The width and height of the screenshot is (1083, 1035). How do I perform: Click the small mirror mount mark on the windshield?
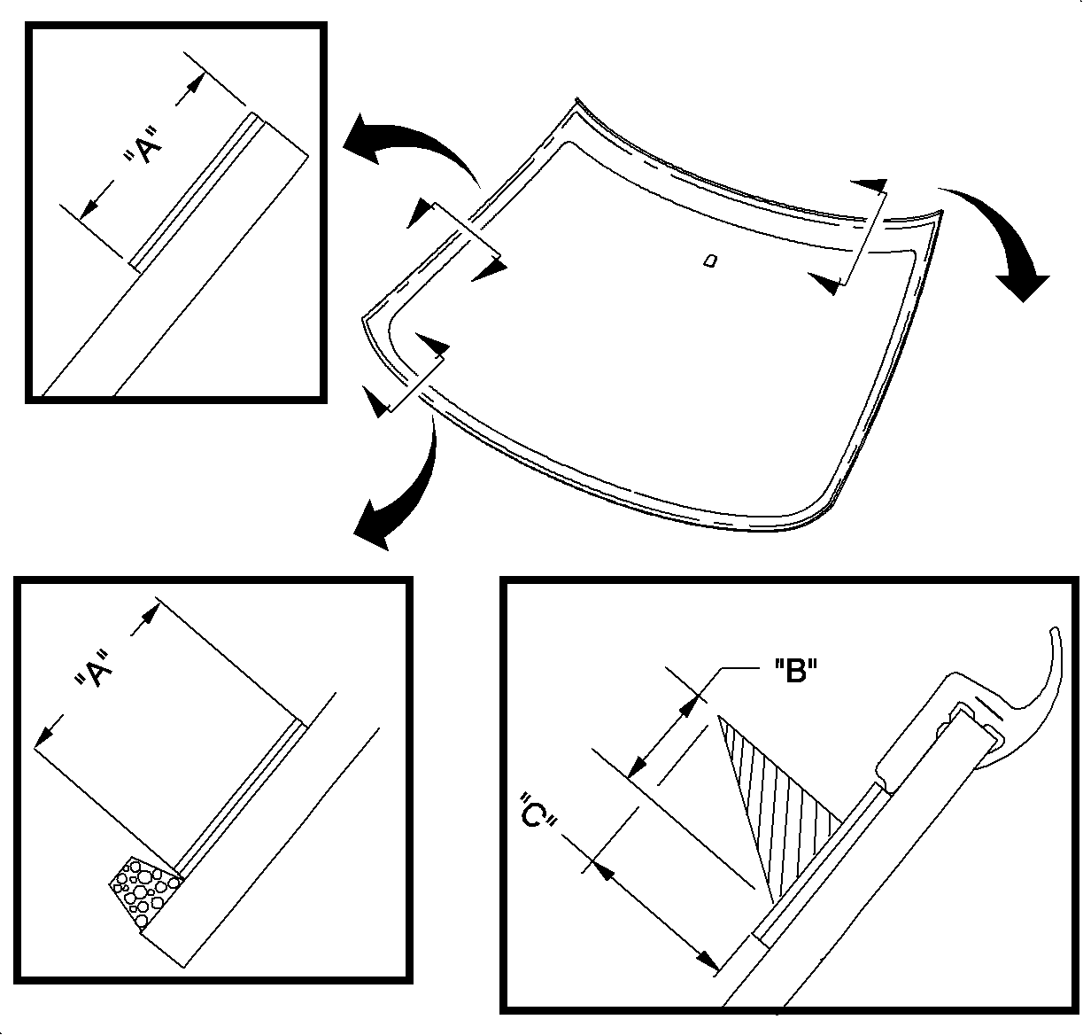(708, 260)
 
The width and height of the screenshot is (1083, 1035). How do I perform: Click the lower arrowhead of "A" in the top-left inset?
(89, 207)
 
